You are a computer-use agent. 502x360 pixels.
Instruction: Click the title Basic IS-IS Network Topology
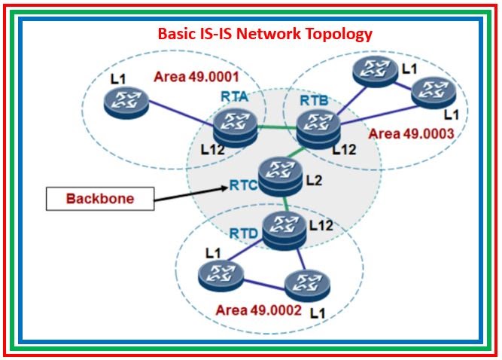pyautogui.click(x=264, y=34)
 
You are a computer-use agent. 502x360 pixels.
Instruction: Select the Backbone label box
pyautogui.click(x=100, y=199)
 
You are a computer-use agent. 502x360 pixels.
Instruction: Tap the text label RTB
pyautogui.click(x=314, y=99)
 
